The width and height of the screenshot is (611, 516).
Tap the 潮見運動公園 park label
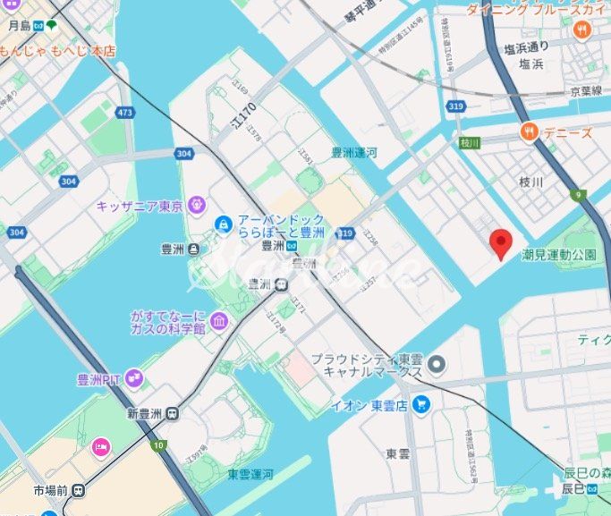[558, 255]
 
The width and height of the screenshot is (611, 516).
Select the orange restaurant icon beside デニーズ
[529, 133]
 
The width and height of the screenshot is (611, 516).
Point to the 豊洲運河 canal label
[354, 153]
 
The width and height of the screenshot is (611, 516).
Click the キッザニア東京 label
[140, 206]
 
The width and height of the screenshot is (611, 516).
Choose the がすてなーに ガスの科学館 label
[167, 323]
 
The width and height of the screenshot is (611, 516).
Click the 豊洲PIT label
[99, 379]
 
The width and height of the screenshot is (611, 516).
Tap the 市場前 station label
[51, 490]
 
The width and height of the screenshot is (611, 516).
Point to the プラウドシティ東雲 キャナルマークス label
[366, 364]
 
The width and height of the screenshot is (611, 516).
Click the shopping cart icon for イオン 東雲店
[421, 404]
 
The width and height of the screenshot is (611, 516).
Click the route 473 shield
[124, 113]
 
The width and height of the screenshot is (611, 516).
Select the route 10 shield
[158, 444]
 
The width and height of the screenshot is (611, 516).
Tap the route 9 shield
[579, 193]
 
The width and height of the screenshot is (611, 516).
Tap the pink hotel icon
[101, 445]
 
